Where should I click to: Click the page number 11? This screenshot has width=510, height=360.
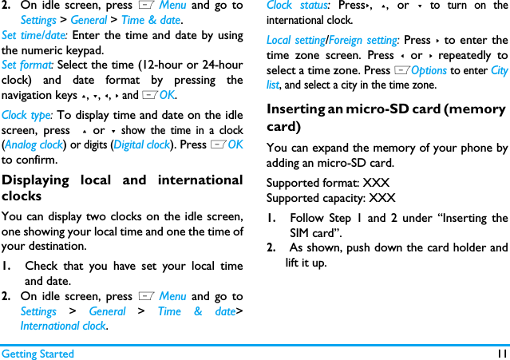click(x=500, y=353)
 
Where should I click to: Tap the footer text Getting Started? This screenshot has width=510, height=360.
click(x=37, y=353)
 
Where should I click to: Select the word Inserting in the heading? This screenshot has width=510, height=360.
click(x=297, y=109)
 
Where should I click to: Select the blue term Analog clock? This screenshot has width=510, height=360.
click(x=35, y=144)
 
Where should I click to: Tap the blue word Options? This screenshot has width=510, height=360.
click(x=429, y=70)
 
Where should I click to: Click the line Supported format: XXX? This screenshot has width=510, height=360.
click(x=327, y=183)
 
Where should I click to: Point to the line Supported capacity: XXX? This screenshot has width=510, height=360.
click(x=330, y=198)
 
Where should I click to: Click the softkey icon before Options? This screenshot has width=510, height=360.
click(x=401, y=70)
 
